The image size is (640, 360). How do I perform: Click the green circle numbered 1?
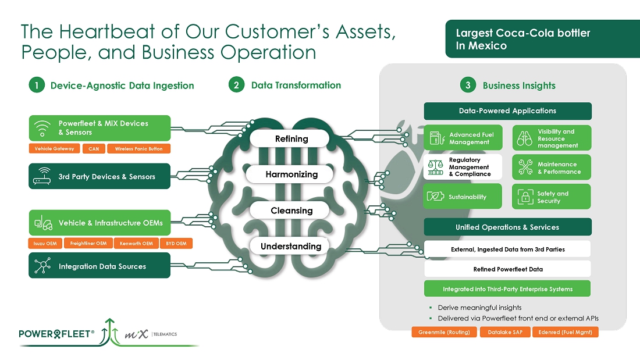(37, 85)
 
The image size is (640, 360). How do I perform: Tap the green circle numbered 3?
(468, 85)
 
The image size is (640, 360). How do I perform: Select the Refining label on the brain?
(291, 139)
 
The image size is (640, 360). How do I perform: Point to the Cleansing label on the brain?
(291, 211)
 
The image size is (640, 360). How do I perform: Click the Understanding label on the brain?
(291, 247)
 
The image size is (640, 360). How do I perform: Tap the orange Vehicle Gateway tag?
(54, 149)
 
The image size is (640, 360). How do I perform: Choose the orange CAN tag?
(94, 149)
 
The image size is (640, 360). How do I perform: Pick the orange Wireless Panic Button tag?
(138, 149)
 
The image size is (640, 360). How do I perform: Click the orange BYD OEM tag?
(176, 244)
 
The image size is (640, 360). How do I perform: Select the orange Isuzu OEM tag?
(44, 244)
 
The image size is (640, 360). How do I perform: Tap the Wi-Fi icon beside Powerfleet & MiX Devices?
(42, 128)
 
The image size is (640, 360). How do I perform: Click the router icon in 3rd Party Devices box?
(42, 176)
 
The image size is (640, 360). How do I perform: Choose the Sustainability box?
(463, 197)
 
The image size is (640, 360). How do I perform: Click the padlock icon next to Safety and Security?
(525, 197)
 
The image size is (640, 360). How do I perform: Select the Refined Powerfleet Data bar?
(507, 269)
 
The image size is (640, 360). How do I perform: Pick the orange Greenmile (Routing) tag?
(445, 333)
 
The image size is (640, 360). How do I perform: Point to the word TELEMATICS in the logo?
(165, 334)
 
